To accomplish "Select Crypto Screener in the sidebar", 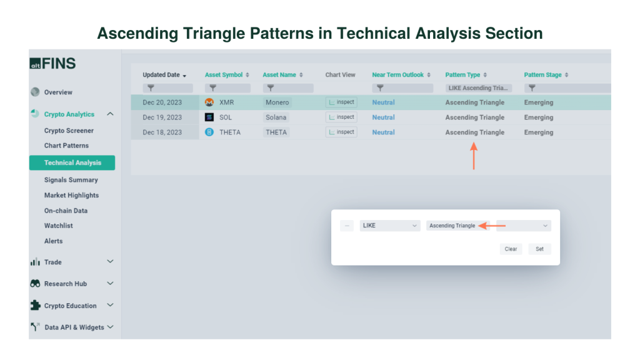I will (69, 131).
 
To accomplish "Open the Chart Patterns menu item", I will (66, 146).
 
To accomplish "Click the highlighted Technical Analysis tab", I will (72, 163).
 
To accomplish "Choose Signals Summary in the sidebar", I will (71, 180).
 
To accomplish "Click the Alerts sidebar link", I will (53, 241).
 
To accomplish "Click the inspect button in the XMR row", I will (341, 102).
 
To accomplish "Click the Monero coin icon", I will (209, 102).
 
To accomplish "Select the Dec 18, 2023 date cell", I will (162, 132).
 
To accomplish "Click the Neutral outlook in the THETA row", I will (383, 132).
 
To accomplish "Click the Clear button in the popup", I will (511, 249).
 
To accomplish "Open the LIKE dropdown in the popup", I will (390, 226).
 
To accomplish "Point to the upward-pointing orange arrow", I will (474, 155).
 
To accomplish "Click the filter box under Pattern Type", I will (479, 88).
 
